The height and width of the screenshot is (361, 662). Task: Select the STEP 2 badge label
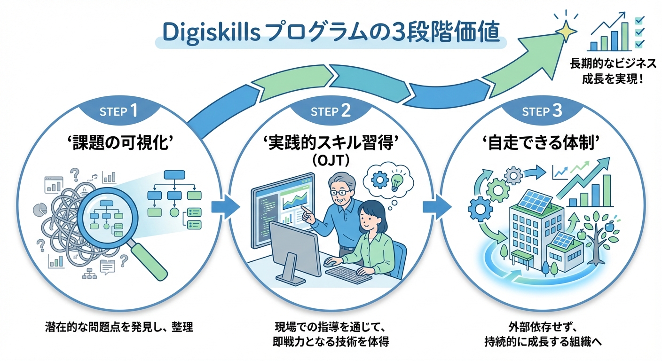click(331, 111)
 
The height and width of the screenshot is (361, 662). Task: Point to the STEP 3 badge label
click(542, 111)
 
